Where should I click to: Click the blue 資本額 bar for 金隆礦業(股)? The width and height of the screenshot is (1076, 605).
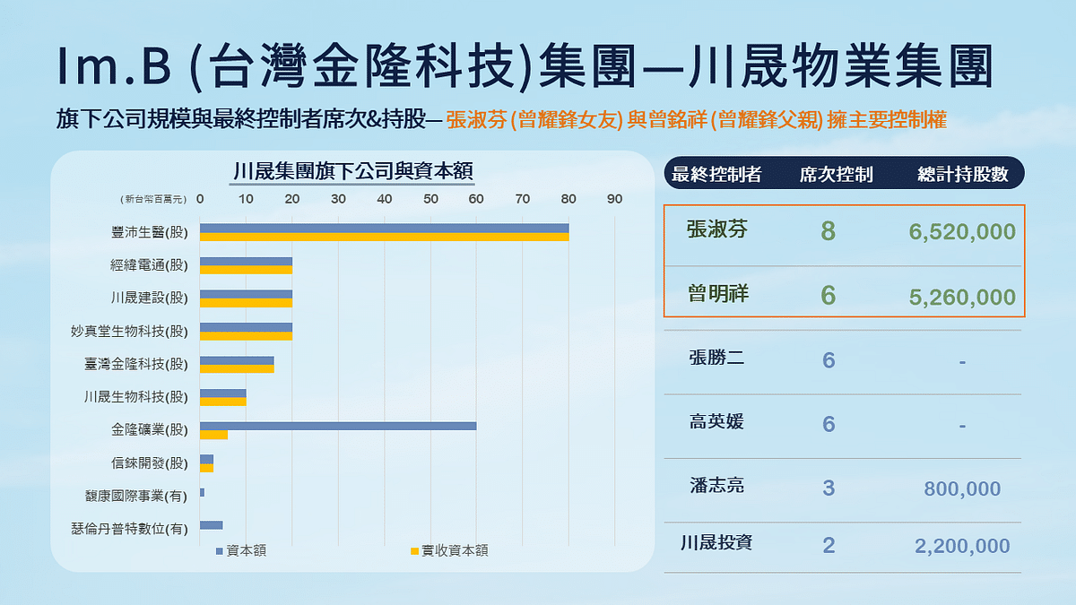(x=338, y=425)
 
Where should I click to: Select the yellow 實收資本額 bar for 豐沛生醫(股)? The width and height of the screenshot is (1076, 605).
(x=384, y=238)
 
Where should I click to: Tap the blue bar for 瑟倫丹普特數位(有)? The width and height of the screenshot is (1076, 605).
(x=211, y=525)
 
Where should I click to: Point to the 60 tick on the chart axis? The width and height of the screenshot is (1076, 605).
(x=476, y=198)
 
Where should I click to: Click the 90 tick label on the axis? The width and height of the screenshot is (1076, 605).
(x=614, y=198)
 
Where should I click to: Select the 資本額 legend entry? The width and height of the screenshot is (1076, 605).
(x=241, y=550)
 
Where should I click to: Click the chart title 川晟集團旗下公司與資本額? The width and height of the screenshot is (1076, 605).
(x=352, y=170)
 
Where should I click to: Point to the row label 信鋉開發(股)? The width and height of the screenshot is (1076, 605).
(x=150, y=463)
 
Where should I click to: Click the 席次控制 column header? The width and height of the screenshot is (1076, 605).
(x=836, y=175)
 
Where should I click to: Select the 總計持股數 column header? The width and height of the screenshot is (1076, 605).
(x=963, y=175)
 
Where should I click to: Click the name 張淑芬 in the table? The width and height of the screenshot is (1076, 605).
(x=716, y=230)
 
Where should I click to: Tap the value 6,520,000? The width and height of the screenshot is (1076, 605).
(x=962, y=233)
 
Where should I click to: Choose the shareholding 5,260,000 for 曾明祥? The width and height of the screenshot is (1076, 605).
(x=962, y=298)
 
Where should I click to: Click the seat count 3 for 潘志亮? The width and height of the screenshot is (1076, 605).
(x=829, y=488)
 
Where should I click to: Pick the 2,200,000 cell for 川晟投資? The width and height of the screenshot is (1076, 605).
(x=962, y=546)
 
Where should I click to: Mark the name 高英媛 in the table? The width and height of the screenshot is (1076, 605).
(x=716, y=422)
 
